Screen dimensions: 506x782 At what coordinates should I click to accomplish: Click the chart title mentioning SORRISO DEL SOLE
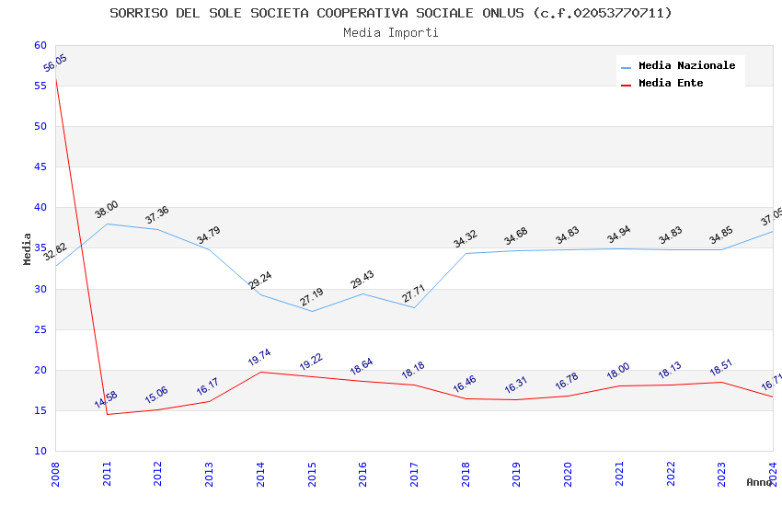(391, 13)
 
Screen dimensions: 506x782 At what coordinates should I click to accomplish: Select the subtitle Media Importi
(391, 32)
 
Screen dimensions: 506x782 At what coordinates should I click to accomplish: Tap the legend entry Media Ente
(671, 83)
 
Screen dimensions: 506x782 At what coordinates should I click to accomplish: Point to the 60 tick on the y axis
(40, 45)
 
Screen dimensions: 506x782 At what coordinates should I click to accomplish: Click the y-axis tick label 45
(40, 167)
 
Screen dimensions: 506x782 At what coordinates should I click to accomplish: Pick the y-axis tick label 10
(40, 451)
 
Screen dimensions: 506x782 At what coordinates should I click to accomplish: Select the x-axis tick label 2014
(261, 473)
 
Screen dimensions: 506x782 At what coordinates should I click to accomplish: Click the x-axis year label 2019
(517, 473)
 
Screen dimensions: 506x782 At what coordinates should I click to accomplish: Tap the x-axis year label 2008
(56, 473)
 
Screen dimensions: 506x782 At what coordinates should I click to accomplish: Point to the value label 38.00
(107, 210)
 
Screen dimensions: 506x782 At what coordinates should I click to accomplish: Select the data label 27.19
(312, 297)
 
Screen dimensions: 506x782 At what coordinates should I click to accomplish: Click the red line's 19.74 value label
(260, 358)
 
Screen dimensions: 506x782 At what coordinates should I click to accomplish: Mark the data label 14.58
(106, 400)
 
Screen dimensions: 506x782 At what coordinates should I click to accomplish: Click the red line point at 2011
(107, 414)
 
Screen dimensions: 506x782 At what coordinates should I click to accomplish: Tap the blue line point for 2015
(312, 311)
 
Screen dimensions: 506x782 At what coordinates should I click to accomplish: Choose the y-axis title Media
(28, 248)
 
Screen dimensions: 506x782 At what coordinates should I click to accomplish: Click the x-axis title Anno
(759, 482)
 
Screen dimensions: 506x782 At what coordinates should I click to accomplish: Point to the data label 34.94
(619, 235)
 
